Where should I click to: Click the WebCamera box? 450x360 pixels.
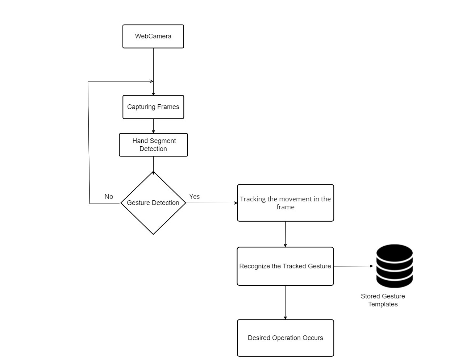153,36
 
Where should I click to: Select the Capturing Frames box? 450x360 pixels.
153,107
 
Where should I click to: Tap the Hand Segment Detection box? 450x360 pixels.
153,145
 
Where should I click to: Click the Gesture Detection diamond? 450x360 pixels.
153,203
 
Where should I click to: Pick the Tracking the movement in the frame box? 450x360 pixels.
285,203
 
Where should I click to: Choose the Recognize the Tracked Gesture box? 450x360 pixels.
285,266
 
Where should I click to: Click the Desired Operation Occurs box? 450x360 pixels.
285,338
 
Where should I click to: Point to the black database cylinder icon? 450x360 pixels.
394,266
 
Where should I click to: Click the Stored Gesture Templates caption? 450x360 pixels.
383,300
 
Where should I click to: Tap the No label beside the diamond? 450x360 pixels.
109,197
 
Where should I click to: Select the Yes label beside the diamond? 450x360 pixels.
194,197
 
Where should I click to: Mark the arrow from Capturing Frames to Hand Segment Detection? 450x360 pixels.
153,126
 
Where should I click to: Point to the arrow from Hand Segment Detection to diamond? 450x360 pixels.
153,165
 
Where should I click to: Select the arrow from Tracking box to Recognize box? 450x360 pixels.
285,234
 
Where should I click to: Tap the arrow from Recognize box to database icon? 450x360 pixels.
353,266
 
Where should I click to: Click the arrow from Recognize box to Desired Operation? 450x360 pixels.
285,302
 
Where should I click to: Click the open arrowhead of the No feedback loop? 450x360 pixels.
151,81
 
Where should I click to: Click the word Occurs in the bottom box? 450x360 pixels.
313,338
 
